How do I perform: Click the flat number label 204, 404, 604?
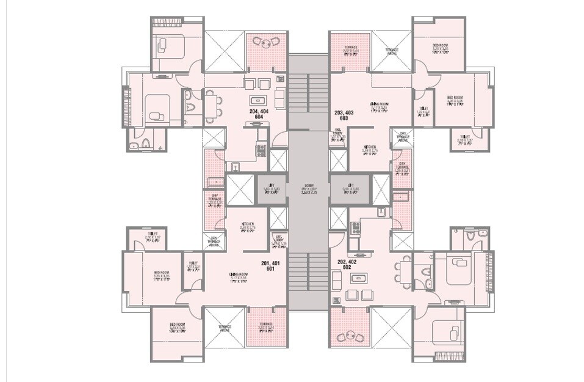coord(259,114)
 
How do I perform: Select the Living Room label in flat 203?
coord(380,108)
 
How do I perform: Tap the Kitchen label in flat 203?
coord(370,149)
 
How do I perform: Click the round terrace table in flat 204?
coord(266,43)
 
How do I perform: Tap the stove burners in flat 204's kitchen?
coord(261,150)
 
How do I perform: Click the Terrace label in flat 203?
coord(350,47)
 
